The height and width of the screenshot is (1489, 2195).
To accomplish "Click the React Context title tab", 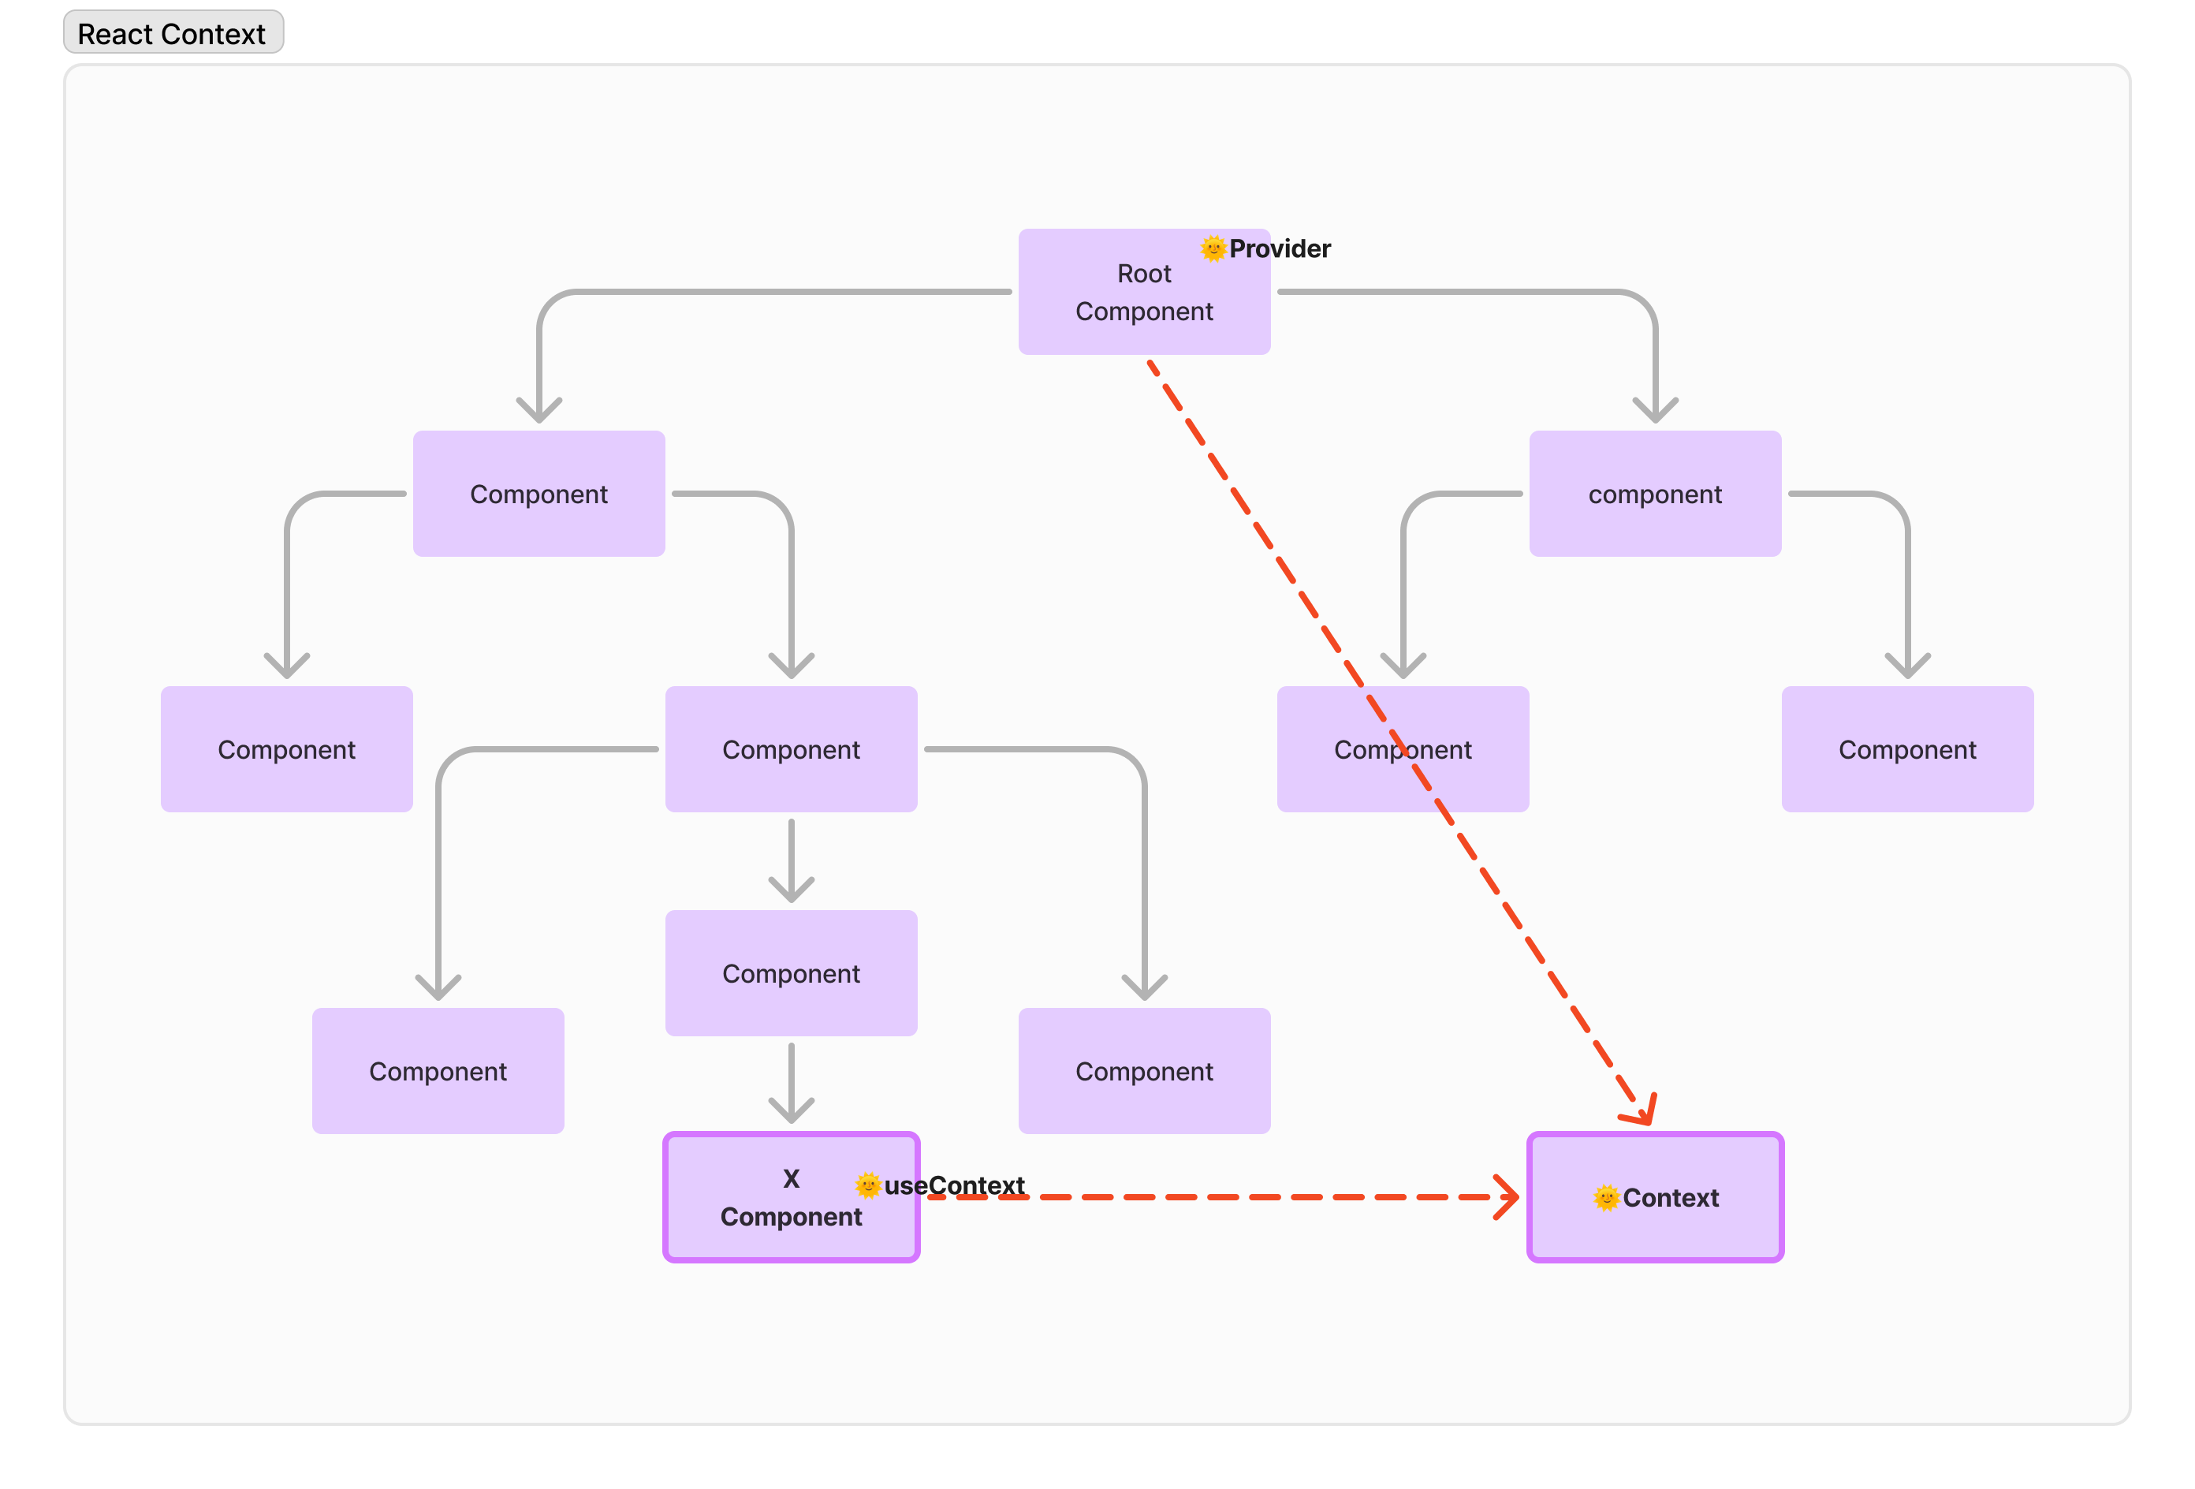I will pyautogui.click(x=173, y=33).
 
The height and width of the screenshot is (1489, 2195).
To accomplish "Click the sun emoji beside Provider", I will pyautogui.click(x=1213, y=248).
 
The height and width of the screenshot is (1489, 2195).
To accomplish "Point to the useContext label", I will pyautogui.click(x=954, y=1185).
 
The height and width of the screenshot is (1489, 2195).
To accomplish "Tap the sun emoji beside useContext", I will pyautogui.click(x=867, y=1185).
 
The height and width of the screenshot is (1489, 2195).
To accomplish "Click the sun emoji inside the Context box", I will pyautogui.click(x=1605, y=1198).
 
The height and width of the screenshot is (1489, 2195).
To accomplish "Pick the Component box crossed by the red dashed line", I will pyautogui.click(x=1403, y=749).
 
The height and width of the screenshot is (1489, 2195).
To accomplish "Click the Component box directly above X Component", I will pyautogui.click(x=791, y=973).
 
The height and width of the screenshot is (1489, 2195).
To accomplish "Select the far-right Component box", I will pyautogui.click(x=1907, y=749).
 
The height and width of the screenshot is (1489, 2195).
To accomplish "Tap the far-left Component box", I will pyautogui.click(x=286, y=749).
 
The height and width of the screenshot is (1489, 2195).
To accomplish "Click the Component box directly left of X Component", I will pyautogui.click(x=438, y=1071).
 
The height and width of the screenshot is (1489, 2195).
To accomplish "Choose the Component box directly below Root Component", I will pyautogui.click(x=1144, y=1071).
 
